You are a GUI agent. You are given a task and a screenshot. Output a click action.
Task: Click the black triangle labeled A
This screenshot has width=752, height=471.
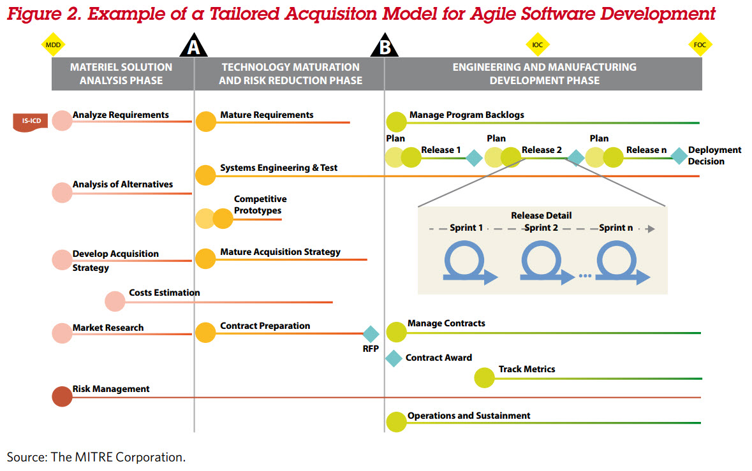(194, 47)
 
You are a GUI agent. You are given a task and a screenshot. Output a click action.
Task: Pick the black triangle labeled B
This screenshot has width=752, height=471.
(385, 47)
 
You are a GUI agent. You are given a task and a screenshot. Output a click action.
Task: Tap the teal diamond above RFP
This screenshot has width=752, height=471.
(371, 334)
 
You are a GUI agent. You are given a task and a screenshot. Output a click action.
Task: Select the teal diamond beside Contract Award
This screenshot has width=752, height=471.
(394, 358)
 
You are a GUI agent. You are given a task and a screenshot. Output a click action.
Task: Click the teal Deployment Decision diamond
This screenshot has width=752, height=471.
(679, 156)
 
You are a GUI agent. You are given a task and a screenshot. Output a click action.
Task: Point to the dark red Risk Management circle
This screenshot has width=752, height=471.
(62, 396)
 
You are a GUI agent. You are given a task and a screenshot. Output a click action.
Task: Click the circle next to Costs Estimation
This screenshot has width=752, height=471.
(115, 301)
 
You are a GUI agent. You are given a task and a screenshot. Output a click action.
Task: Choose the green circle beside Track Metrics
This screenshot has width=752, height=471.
(485, 378)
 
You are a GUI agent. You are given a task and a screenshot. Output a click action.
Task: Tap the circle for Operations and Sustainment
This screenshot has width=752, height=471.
(396, 421)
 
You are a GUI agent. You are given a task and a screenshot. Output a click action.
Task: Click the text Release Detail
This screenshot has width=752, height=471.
(541, 215)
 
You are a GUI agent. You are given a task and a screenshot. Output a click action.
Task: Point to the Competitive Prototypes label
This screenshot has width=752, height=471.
(260, 205)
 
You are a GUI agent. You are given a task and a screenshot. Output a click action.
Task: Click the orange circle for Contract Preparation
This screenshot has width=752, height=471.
(205, 332)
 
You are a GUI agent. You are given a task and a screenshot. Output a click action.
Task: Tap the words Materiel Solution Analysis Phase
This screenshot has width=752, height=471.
(121, 74)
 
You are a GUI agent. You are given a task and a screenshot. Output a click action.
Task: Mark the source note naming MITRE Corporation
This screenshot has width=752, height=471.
(96, 457)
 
